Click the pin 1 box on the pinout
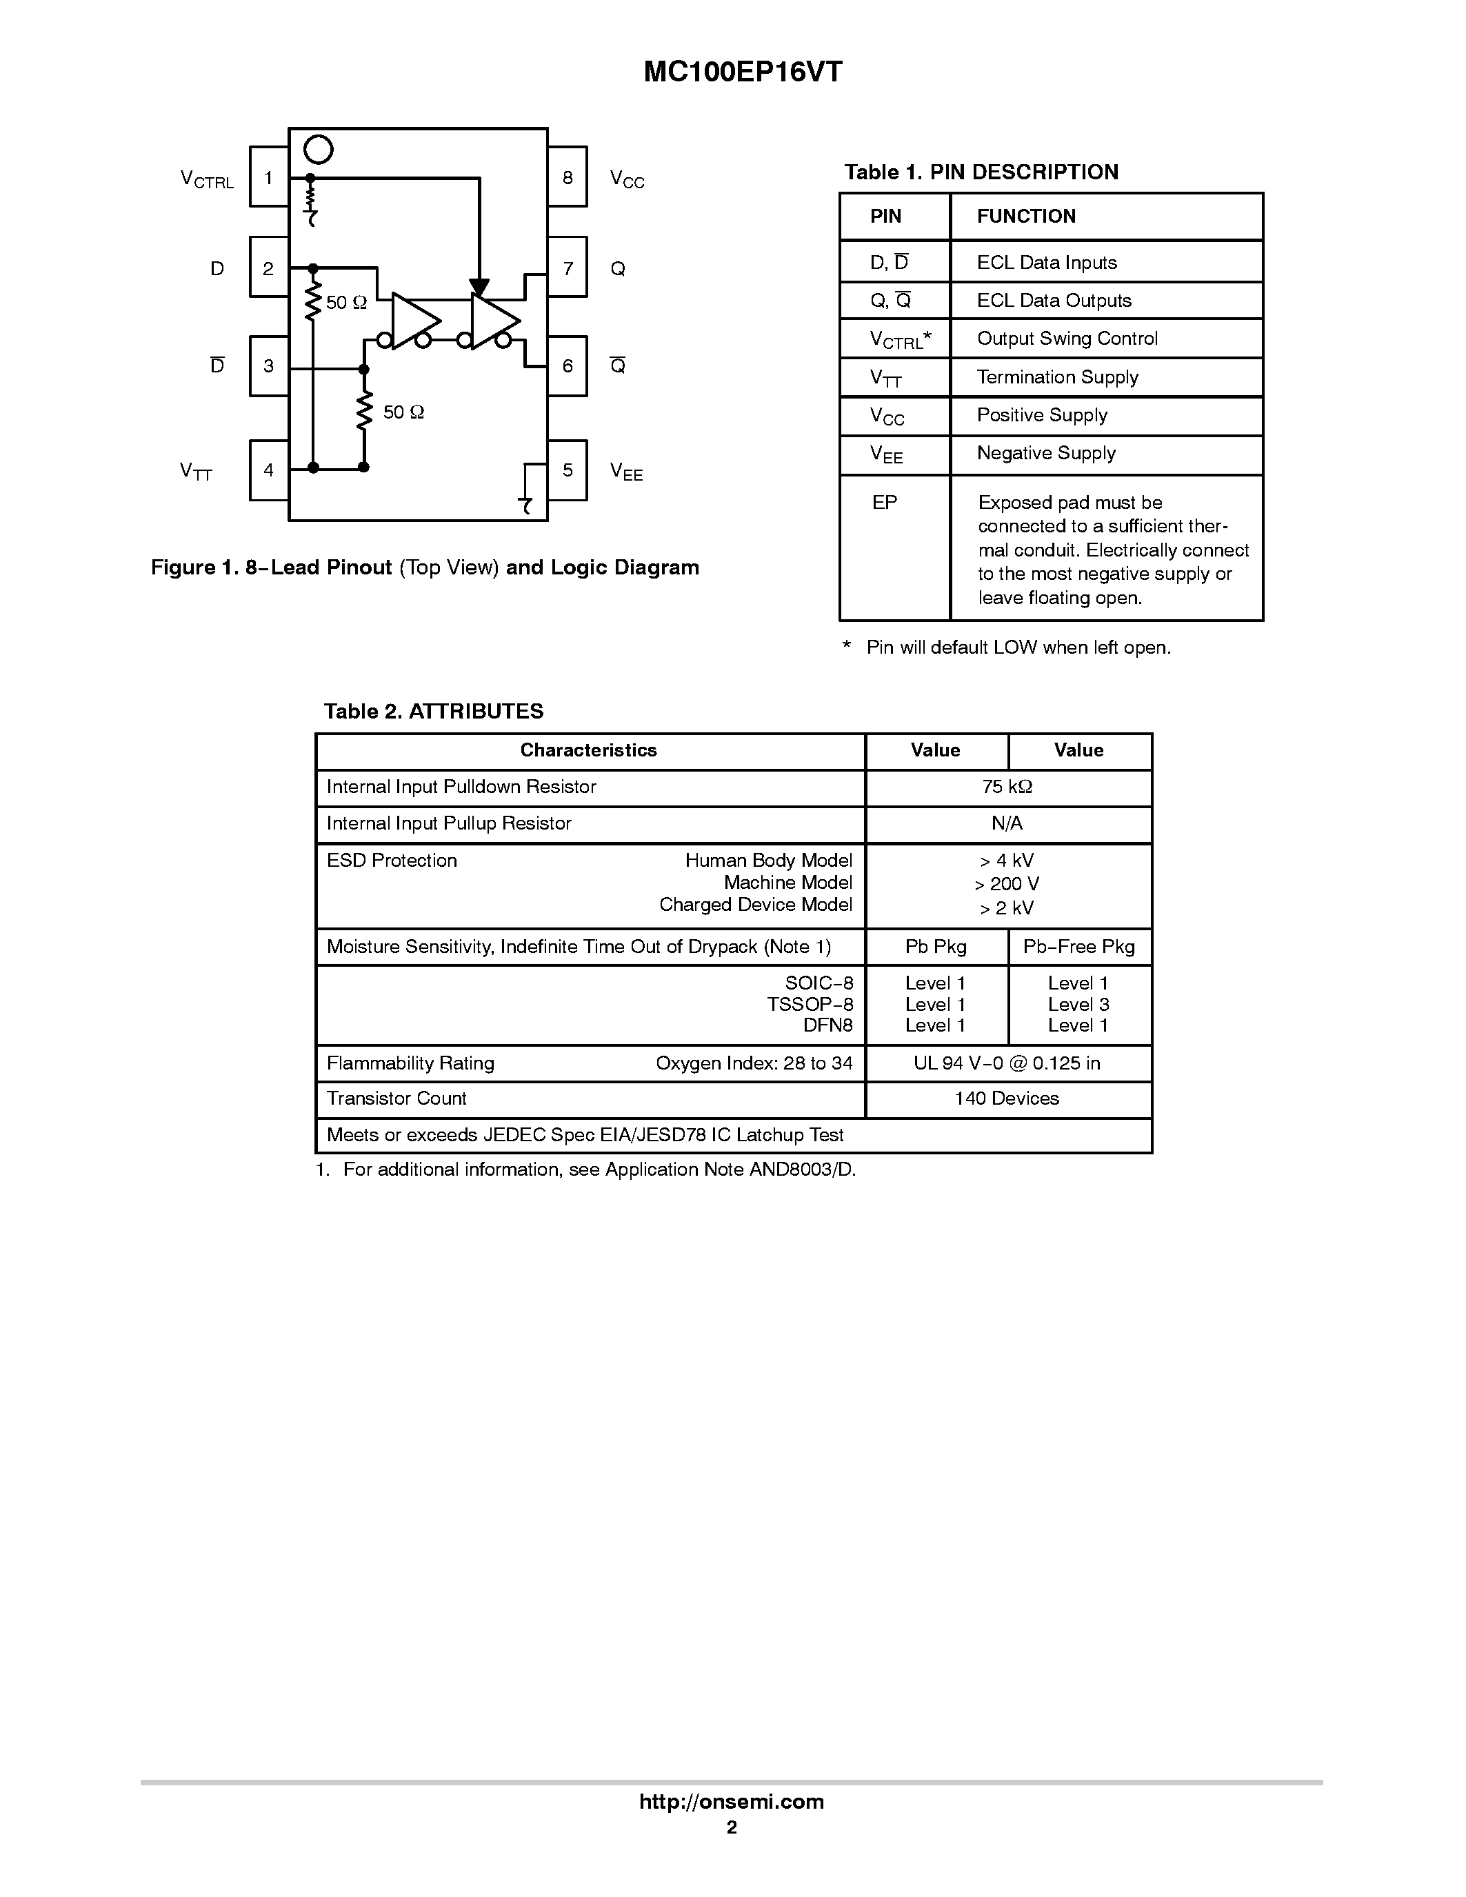click(268, 177)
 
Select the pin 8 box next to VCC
click(567, 177)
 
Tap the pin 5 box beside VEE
click(567, 470)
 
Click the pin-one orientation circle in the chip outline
click(319, 150)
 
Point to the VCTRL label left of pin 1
click(207, 180)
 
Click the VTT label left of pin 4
click(197, 472)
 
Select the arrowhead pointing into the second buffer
click(479, 288)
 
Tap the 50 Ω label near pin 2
click(347, 302)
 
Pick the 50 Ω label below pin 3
click(404, 412)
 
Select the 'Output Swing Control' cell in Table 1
click(1067, 339)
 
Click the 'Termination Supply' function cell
click(1057, 377)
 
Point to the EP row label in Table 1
click(884, 503)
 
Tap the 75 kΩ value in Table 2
click(1007, 787)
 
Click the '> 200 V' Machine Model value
click(1007, 884)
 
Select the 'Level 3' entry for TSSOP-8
click(1078, 1005)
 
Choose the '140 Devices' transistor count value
click(1007, 1098)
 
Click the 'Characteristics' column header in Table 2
click(588, 750)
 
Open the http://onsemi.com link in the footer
click(731, 1801)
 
